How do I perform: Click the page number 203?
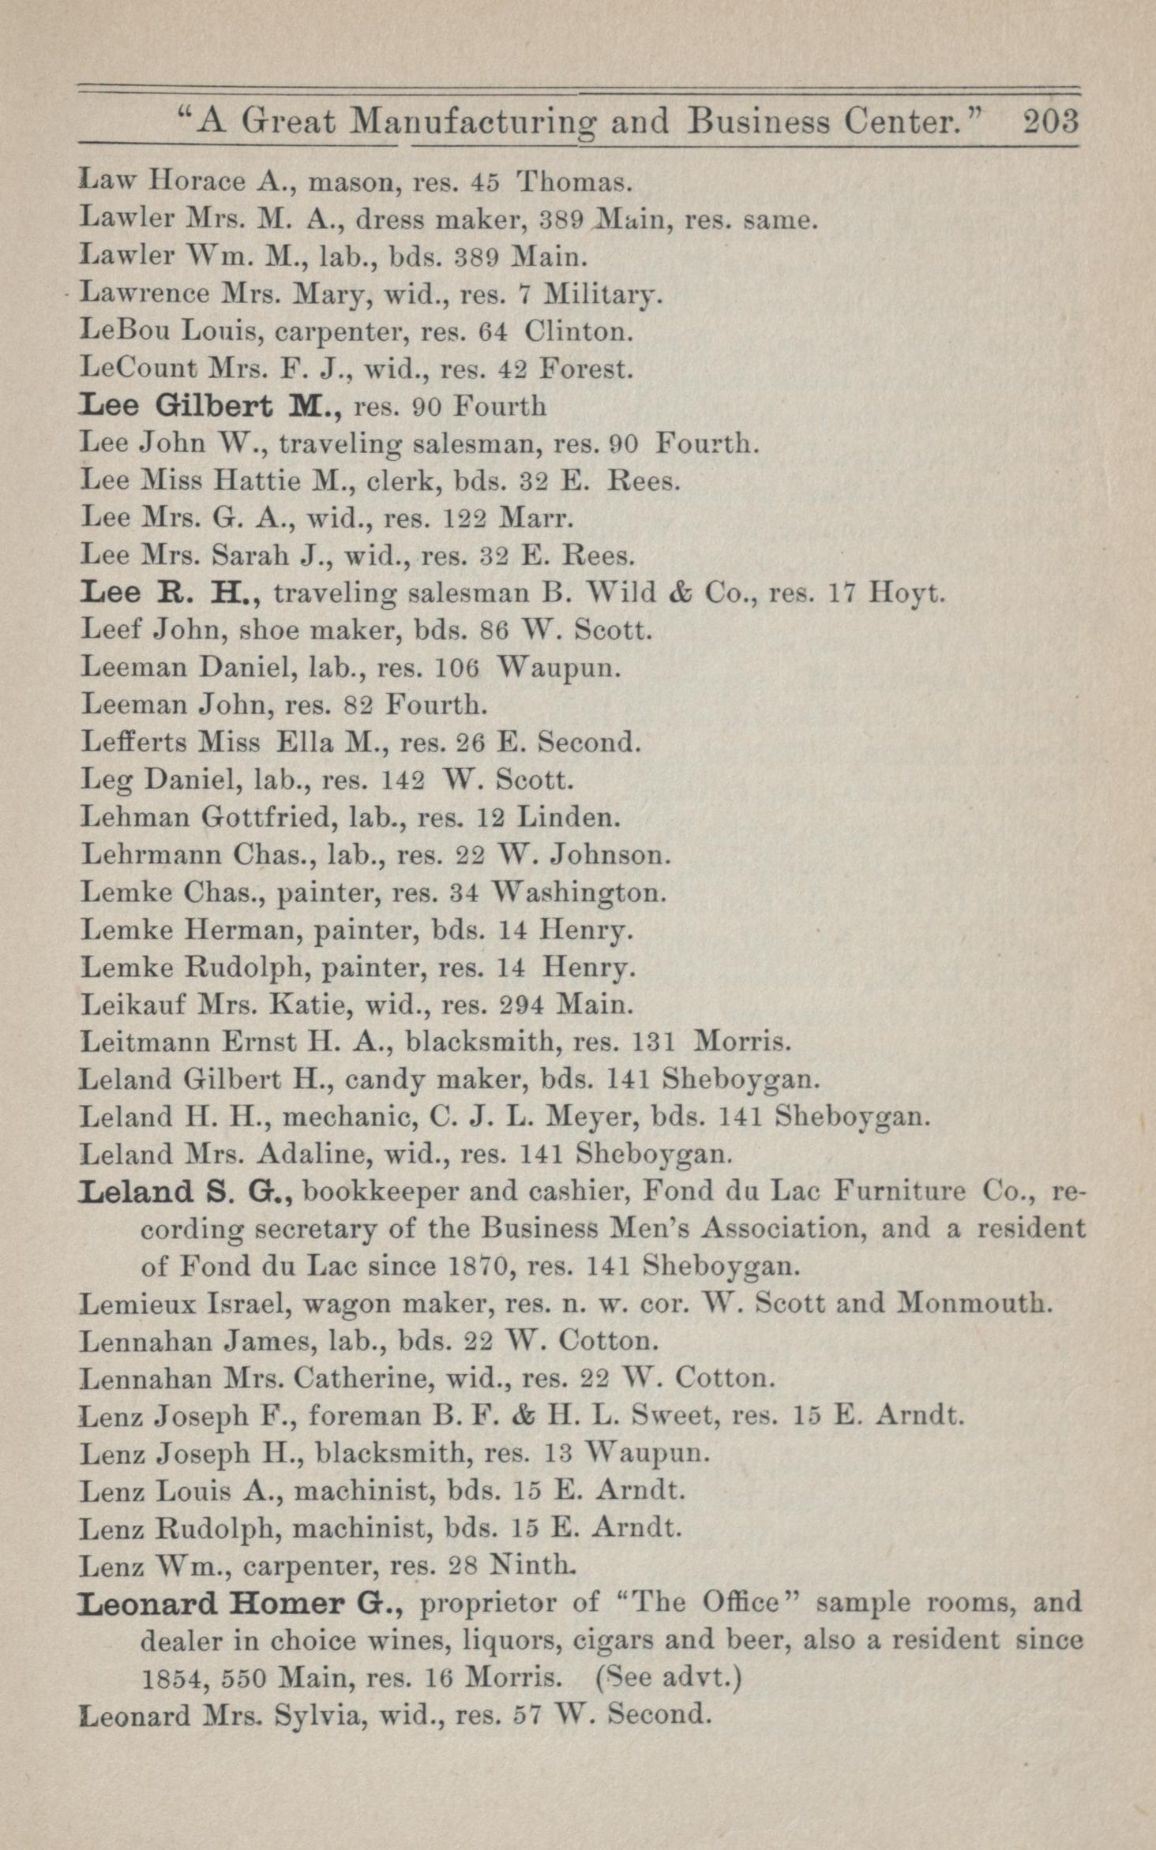(1049, 122)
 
